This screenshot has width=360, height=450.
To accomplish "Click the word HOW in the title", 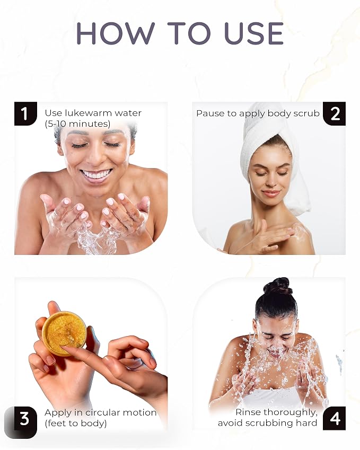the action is pos(116,33).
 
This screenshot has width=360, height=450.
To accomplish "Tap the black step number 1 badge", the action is pos(25,113).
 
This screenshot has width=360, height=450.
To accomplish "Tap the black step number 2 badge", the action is pos(335,113).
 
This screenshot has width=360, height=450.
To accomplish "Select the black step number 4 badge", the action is pos(335,418).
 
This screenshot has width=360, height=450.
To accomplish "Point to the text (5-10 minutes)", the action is pos(77,123).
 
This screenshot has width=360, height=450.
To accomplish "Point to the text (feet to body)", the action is pos(76,423).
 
